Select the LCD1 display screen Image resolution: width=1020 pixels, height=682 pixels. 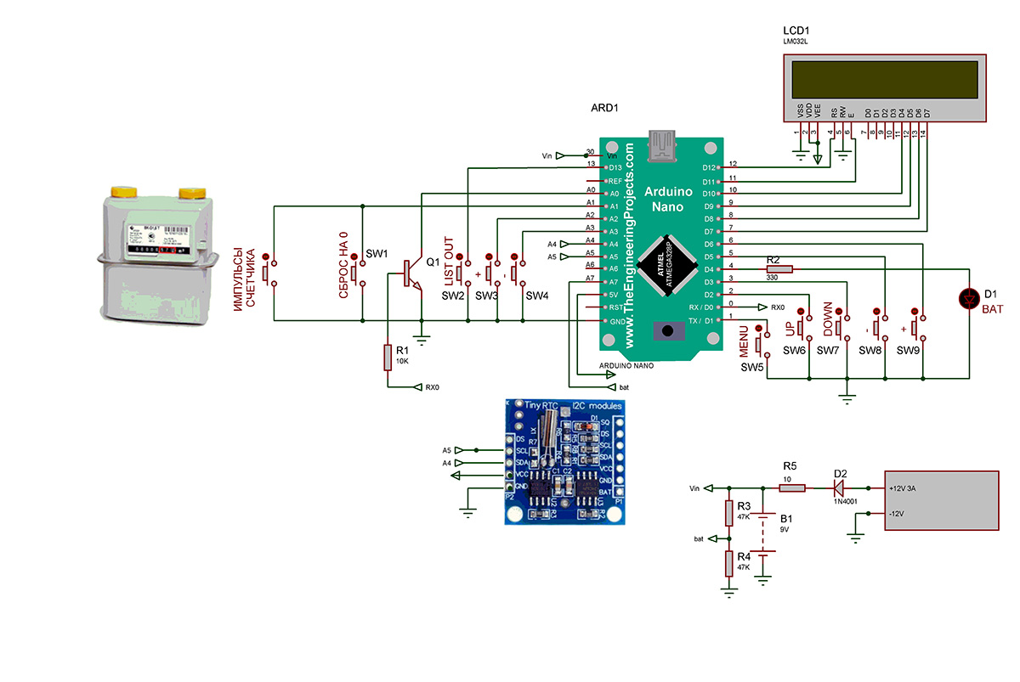tap(884, 80)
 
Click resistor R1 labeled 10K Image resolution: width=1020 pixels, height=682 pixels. tap(388, 358)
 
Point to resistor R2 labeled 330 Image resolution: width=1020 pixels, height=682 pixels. tap(779, 269)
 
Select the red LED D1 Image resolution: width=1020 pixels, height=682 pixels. tap(968, 299)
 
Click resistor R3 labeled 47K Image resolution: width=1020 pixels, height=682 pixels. tap(728, 513)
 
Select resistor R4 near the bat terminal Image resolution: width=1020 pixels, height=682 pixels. tap(728, 563)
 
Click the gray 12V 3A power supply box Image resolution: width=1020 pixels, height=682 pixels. tap(941, 501)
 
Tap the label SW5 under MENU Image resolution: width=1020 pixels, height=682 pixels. tap(752, 368)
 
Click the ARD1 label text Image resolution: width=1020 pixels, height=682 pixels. tap(604, 110)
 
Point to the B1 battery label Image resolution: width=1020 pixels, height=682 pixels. tap(786, 517)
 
